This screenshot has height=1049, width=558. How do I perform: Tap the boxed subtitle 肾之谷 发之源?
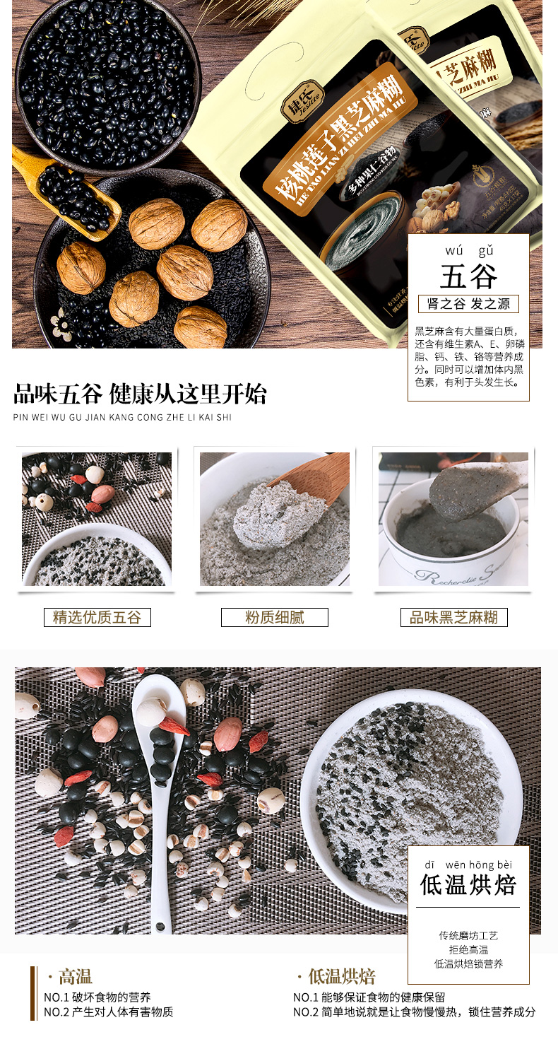click(x=468, y=304)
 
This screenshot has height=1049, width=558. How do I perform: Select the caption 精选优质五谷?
click(x=97, y=617)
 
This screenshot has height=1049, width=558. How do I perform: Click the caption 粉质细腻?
click(x=275, y=617)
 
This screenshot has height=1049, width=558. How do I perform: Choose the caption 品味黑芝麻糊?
click(x=453, y=617)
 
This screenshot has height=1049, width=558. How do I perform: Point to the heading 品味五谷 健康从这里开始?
click(x=140, y=394)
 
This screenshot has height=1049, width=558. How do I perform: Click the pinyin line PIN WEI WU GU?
click(x=122, y=417)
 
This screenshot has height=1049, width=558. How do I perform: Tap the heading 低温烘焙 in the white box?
click(x=468, y=884)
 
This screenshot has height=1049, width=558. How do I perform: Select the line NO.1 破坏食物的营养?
click(x=97, y=997)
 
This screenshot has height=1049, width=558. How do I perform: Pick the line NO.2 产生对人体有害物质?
click(x=108, y=1012)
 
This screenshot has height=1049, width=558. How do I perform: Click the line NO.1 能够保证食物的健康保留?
click(x=369, y=997)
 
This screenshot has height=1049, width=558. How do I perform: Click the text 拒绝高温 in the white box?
click(x=468, y=949)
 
